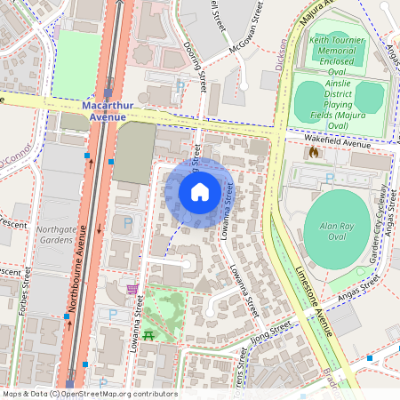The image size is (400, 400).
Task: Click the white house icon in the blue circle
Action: pos(200,191)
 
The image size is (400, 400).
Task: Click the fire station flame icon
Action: pos(312,153)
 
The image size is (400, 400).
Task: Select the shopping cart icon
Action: pos(132,289)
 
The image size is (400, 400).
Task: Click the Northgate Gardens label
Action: pos(56,235)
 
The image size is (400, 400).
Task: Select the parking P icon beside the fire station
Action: pos(330,179)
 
